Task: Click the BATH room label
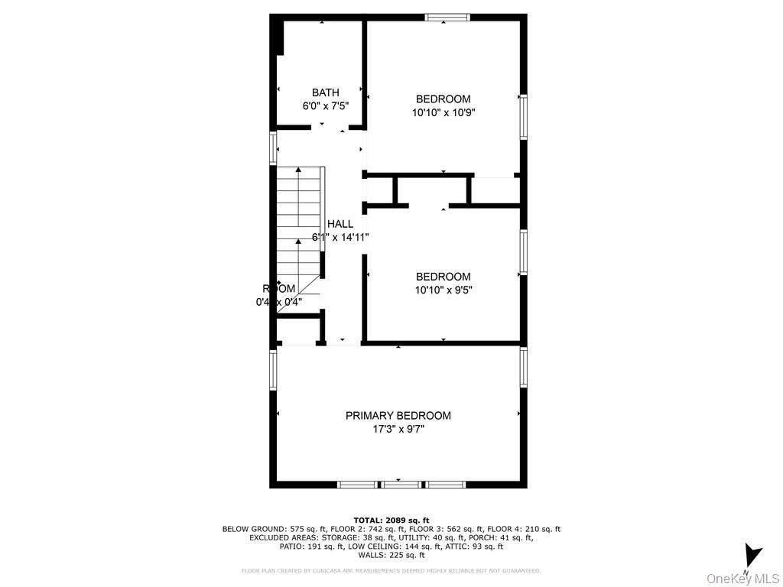tap(325, 92)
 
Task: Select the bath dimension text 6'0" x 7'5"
tap(325, 106)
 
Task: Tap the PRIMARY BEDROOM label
tap(398, 416)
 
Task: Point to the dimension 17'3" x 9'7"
tap(398, 430)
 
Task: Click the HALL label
tap(340, 224)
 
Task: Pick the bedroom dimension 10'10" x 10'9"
tap(443, 112)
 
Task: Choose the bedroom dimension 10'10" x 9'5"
tap(443, 290)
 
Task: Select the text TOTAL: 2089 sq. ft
tap(391, 520)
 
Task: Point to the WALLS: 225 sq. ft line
tap(391, 556)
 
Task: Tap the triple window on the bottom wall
tap(401, 484)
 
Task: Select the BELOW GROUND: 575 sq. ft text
tap(265, 529)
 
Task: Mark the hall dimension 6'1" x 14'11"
tap(340, 238)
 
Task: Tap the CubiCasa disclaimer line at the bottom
tap(391, 570)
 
